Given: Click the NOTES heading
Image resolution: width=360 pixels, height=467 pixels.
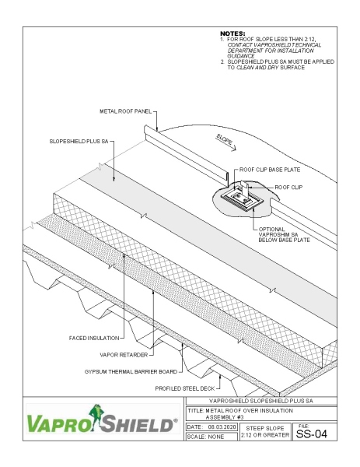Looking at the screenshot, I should tap(233, 33).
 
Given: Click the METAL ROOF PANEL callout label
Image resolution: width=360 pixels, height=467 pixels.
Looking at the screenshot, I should tap(126, 112).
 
